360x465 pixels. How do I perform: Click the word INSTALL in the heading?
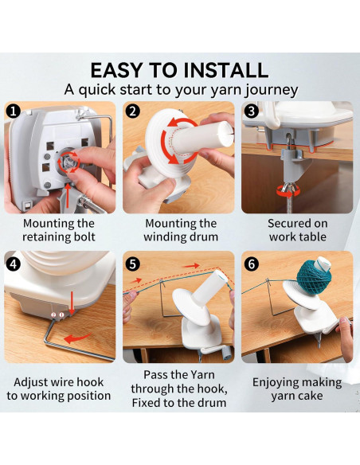(226, 71)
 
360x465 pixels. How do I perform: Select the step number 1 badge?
(14, 111)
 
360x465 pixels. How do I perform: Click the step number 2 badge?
(132, 111)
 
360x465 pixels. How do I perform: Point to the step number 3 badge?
(252, 111)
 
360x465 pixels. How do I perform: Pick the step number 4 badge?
(14, 264)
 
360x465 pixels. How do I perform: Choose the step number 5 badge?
(132, 264)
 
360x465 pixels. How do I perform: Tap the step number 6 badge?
(252, 264)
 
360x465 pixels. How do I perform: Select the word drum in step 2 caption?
(204, 237)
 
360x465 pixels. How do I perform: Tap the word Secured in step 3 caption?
(288, 224)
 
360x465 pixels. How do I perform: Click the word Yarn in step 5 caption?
(202, 375)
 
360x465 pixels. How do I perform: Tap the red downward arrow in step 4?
(72, 303)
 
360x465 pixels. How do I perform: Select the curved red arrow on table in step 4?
(78, 338)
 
